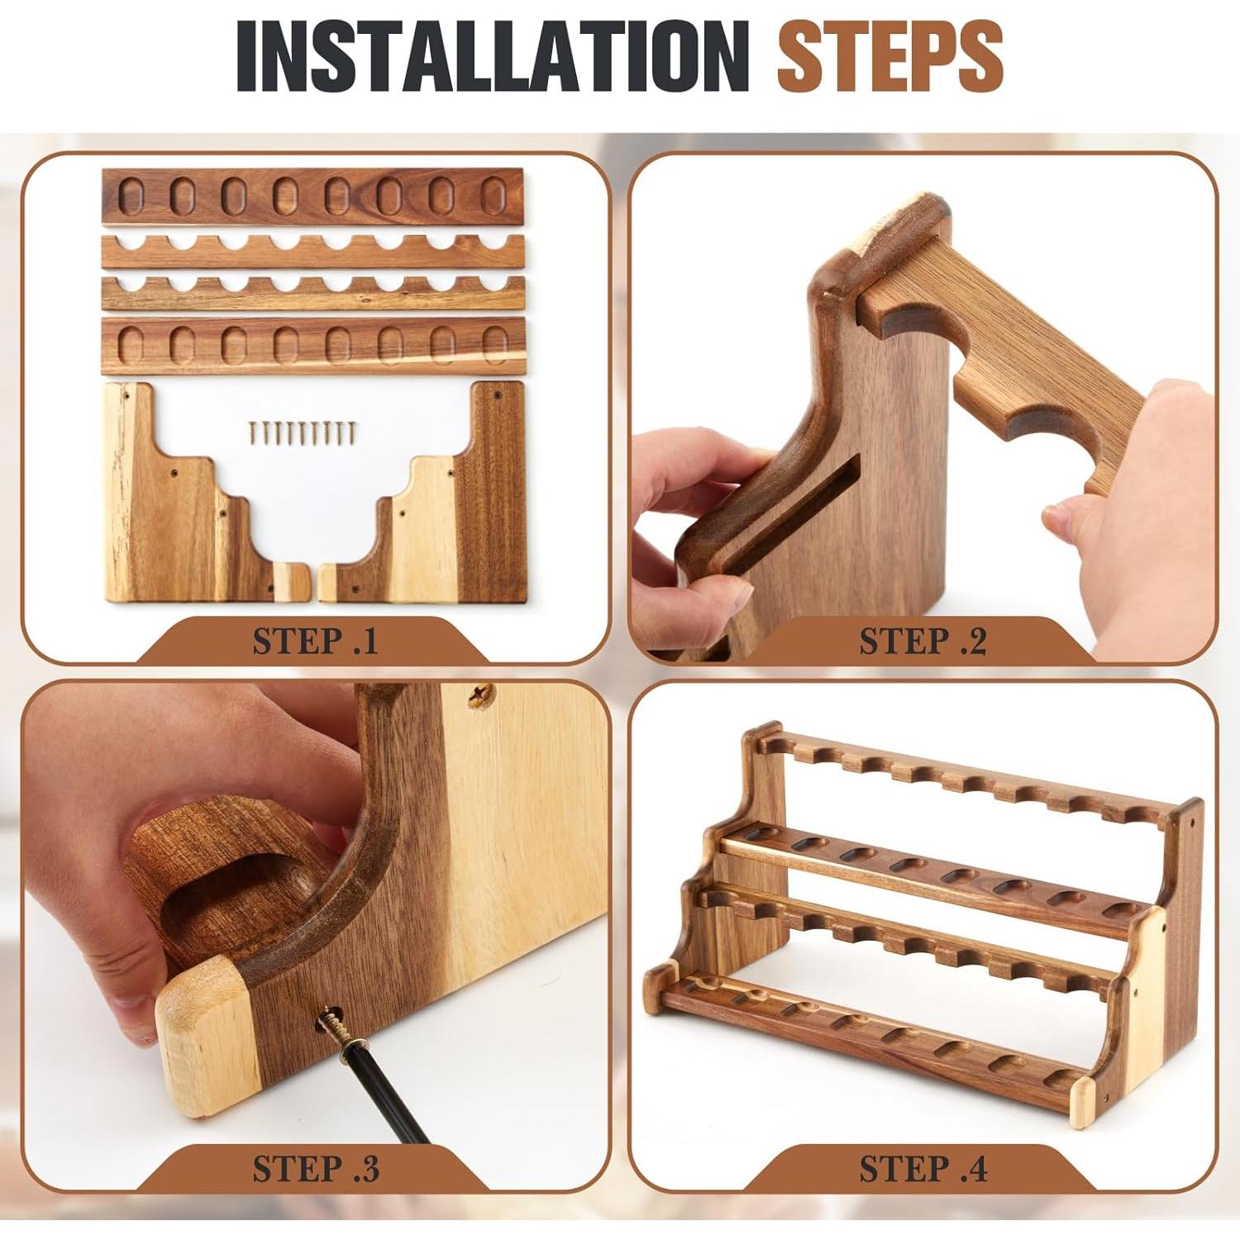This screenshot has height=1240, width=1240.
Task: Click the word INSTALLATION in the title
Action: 493,56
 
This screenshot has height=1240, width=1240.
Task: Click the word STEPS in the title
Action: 890,56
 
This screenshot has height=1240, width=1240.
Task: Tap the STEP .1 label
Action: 315,641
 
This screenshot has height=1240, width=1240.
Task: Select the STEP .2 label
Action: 923,641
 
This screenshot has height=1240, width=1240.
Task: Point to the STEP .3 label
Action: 316,1168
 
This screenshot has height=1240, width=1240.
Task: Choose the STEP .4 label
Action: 923,1168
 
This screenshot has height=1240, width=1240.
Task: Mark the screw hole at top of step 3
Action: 479,697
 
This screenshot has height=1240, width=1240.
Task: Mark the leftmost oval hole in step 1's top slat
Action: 131,195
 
